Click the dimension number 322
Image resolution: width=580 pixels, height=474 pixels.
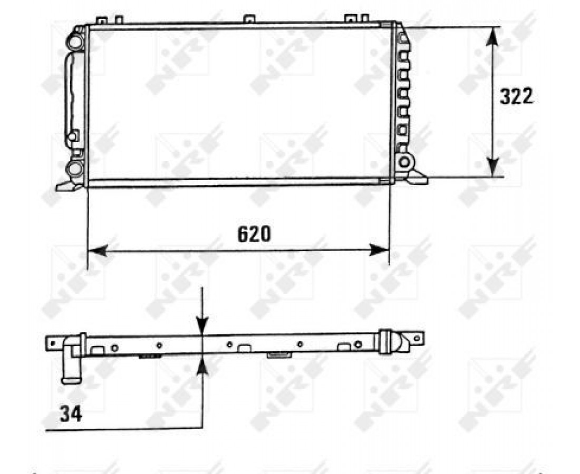pos(516,96)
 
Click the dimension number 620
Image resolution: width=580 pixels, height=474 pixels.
pos(254,233)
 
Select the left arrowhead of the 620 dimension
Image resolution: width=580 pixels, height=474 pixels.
pos(98,250)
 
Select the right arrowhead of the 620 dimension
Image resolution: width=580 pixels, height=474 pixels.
pos(379,250)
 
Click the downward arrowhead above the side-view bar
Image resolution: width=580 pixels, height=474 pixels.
pos(202,325)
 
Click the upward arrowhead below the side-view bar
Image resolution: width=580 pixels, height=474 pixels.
pos(202,366)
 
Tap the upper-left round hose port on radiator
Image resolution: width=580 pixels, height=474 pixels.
pos(74,41)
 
